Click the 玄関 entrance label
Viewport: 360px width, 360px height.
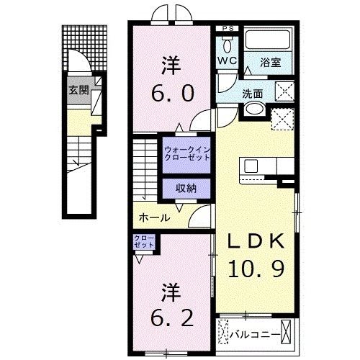tap(78, 91)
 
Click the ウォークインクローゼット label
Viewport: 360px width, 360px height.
tap(186, 153)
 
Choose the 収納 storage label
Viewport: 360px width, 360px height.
tap(186, 187)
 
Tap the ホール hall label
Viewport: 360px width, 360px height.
tap(155, 217)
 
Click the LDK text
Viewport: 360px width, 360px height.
tap(257, 242)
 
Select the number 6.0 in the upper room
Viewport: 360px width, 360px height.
tap(171, 91)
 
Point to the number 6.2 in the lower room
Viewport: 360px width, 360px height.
tap(171, 318)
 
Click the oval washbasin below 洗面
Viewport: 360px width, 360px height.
tap(253, 109)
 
